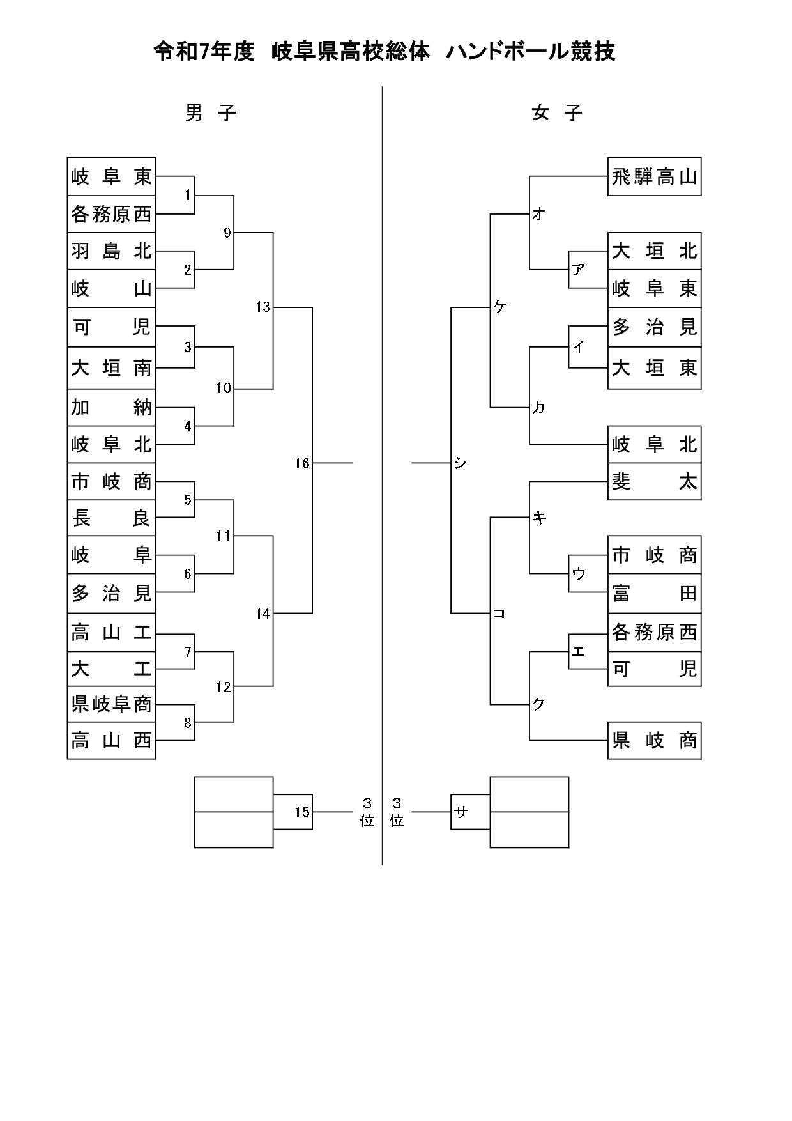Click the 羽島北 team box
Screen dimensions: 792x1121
point(111,251)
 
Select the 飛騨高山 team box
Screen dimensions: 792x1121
point(654,176)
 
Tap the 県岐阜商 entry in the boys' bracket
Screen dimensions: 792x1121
point(111,704)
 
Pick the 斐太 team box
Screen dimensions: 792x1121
point(654,481)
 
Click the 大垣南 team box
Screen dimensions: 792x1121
point(111,367)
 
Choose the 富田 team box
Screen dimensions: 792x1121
point(654,593)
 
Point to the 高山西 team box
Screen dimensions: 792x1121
point(111,741)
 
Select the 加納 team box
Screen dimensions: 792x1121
point(111,407)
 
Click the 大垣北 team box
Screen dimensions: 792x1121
point(654,251)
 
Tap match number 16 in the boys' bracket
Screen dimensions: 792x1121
point(301,463)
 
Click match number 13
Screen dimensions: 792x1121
point(263,307)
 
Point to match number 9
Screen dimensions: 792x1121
point(227,233)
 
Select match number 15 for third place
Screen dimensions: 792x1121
point(301,812)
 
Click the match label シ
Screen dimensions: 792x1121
point(461,463)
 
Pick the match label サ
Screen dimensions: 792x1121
point(461,812)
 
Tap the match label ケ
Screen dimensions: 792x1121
point(499,307)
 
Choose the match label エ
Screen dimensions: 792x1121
point(578,651)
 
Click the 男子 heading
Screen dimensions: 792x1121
point(211,113)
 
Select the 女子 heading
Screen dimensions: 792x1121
point(557,113)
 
